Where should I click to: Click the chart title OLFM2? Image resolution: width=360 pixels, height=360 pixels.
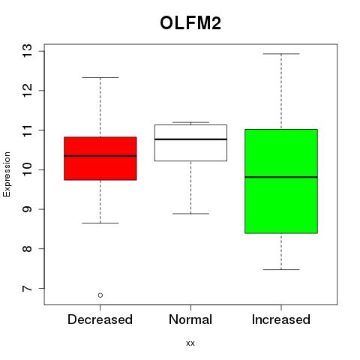click(x=190, y=23)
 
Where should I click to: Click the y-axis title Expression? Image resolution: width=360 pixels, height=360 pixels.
click(x=7, y=174)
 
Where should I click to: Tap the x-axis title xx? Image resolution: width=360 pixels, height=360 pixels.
click(x=190, y=343)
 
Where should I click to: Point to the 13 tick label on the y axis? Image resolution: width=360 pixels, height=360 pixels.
click(x=27, y=51)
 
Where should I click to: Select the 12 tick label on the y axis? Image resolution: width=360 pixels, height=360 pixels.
click(x=27, y=91)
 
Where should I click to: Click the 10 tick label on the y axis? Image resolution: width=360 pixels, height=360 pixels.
click(x=27, y=169)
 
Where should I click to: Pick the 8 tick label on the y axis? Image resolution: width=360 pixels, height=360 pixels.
click(x=27, y=249)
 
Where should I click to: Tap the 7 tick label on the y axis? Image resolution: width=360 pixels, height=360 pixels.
click(x=27, y=289)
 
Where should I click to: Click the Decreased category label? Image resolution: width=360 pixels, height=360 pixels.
click(x=100, y=319)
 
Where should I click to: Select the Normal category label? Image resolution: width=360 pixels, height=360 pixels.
click(x=190, y=319)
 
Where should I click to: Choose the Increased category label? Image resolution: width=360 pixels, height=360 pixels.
click(x=281, y=319)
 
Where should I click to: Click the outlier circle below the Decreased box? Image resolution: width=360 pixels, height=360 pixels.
click(x=100, y=295)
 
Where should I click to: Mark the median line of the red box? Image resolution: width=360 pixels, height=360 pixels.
click(x=100, y=156)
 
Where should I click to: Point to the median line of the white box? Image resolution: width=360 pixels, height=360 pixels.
click(x=190, y=139)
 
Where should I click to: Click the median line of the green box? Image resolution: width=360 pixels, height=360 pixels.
click(x=281, y=177)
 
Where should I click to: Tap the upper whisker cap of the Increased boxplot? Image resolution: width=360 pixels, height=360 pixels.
click(x=281, y=54)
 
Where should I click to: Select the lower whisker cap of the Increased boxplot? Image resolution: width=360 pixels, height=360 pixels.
click(x=281, y=269)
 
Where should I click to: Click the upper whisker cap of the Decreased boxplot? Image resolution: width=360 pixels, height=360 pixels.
click(x=100, y=77)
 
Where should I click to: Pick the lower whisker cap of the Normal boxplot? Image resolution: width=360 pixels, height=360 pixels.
click(x=190, y=214)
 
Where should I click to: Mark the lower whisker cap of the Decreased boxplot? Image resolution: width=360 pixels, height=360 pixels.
click(x=100, y=223)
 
